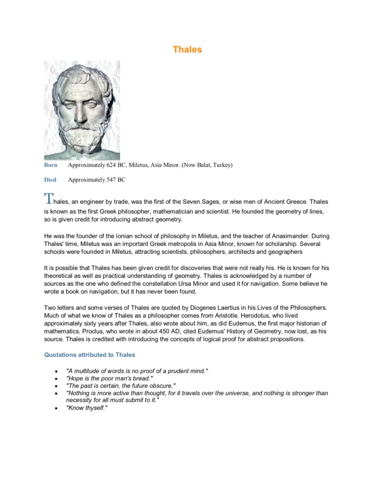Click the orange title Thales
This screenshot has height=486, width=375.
click(x=187, y=50)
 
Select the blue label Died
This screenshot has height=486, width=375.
click(x=50, y=179)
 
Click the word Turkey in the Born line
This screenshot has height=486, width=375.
click(x=220, y=165)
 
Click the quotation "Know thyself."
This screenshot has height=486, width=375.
click(x=86, y=409)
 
